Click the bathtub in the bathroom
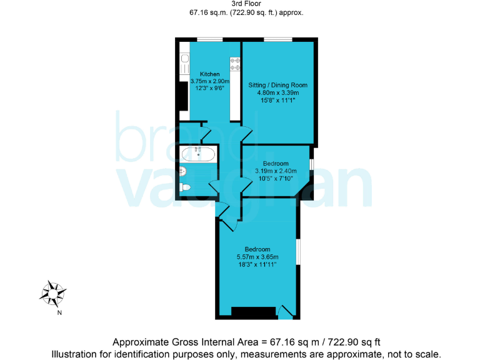pos(198,153)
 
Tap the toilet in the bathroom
pos(185,187)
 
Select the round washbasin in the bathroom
pos(182,170)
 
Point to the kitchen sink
pos(185,62)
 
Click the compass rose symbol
pos(54,292)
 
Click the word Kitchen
pos(209,74)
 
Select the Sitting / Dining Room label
pos(278,84)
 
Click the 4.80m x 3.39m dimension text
pos(278,92)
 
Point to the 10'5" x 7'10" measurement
pos(275,178)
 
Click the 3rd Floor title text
pos(240,4)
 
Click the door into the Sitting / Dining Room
pos(247,133)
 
